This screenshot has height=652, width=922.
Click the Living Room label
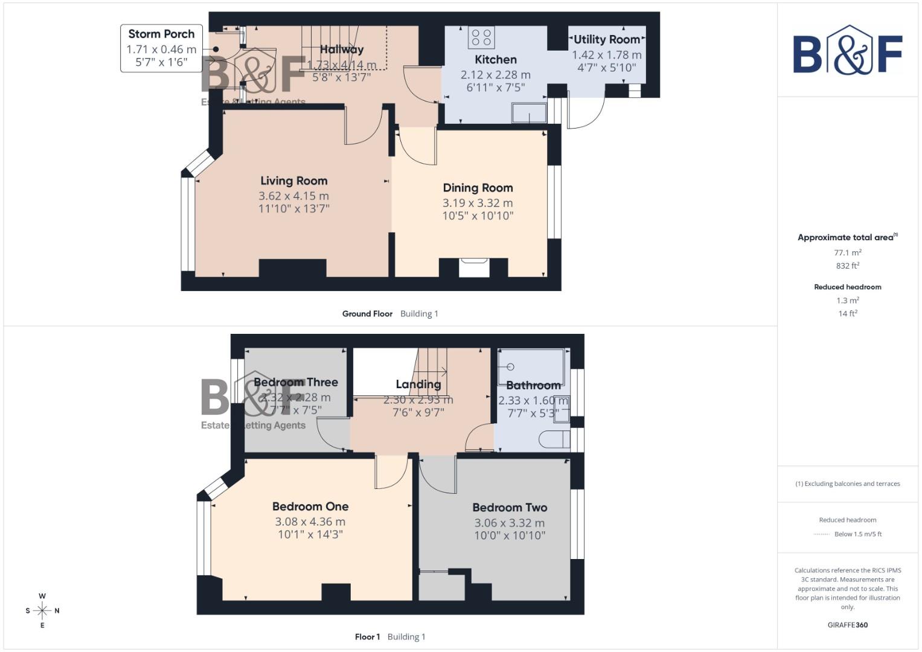click(x=293, y=181)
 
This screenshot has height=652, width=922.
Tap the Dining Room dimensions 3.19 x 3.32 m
click(x=478, y=203)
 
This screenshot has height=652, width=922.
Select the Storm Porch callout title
click(x=161, y=34)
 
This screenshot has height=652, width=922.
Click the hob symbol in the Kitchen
click(x=481, y=37)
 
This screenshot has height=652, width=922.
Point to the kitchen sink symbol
click(x=528, y=113)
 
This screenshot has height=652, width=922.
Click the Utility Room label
click(x=606, y=39)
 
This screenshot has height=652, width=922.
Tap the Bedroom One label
click(x=310, y=507)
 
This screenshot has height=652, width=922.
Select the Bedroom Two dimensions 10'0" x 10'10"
click(x=510, y=535)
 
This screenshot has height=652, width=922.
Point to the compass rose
click(x=42, y=610)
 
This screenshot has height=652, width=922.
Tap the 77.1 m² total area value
click(x=847, y=252)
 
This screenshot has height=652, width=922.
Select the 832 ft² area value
click(x=847, y=266)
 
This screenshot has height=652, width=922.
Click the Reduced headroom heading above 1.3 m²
click(x=847, y=287)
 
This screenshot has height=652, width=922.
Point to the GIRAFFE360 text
click(x=847, y=625)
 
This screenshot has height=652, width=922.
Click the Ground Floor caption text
click(x=367, y=313)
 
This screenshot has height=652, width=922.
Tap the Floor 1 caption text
click(x=367, y=636)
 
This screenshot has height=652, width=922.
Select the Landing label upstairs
click(x=418, y=385)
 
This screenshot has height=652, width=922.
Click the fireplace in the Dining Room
click(x=473, y=267)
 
